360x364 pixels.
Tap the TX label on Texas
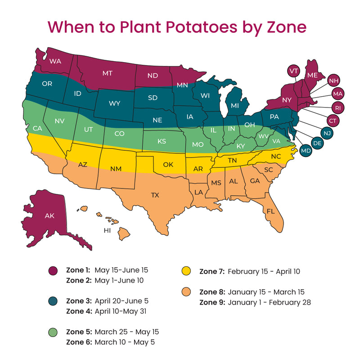click(x=155, y=195)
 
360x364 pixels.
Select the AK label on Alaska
click(x=49, y=216)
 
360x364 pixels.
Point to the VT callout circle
click(x=294, y=71)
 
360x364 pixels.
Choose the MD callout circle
click(x=306, y=150)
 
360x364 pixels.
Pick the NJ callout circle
click(x=327, y=132)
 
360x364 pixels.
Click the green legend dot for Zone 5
click(x=53, y=332)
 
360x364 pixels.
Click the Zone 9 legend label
click(x=212, y=302)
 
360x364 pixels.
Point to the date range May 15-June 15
click(x=121, y=270)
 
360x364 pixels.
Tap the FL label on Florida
click(x=270, y=211)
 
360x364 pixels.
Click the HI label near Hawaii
click(x=107, y=230)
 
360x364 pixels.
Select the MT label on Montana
click(x=107, y=73)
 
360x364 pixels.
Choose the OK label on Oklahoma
click(x=168, y=164)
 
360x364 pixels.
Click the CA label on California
click(x=37, y=128)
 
